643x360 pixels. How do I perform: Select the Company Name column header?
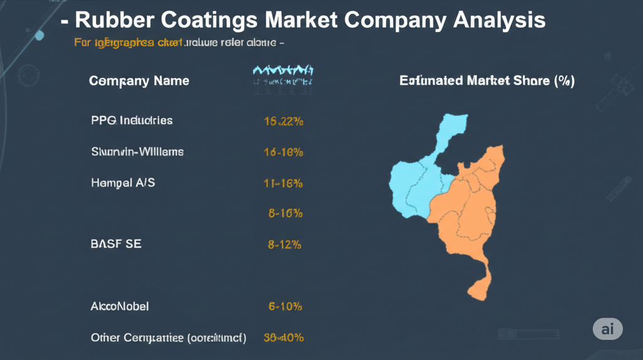(139, 81)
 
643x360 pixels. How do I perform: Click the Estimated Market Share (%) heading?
(487, 81)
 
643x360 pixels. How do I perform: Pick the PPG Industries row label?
(132, 120)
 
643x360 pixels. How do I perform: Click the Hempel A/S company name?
(123, 183)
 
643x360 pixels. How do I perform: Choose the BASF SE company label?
(116, 244)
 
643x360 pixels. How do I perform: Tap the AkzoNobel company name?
(120, 307)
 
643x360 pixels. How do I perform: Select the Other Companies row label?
(168, 337)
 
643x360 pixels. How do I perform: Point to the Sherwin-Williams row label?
(138, 151)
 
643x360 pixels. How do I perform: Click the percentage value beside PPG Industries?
(284, 122)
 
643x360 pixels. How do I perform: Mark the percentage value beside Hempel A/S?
(283, 183)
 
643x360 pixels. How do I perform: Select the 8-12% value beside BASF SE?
(284, 244)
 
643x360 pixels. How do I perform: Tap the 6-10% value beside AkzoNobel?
(285, 307)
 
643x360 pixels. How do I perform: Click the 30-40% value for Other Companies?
(283, 337)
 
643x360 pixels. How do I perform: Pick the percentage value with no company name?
(285, 214)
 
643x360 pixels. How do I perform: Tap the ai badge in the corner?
(607, 329)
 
